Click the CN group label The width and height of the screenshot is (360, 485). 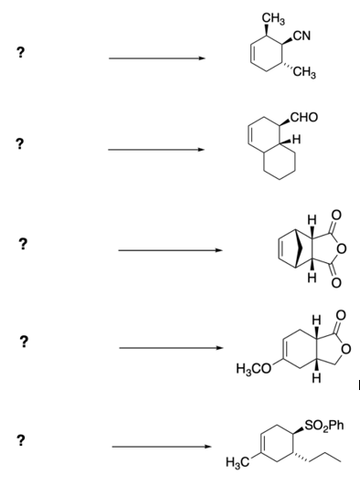point(303,37)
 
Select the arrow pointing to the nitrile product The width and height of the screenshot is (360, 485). point(156,60)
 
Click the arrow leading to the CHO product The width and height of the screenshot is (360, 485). point(156,149)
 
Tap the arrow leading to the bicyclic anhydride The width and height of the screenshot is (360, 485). point(169,248)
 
